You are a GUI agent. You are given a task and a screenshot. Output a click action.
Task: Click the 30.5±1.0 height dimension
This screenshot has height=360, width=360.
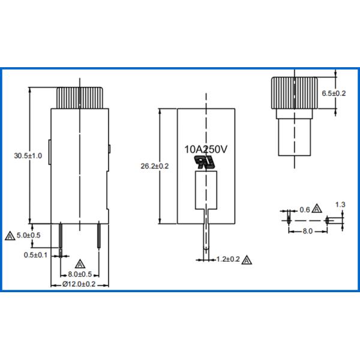tap(28, 156)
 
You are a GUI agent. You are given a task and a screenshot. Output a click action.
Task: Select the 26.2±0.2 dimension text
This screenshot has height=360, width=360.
tap(154, 166)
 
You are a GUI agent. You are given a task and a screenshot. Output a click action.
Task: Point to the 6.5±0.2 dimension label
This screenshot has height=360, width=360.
tap(334, 94)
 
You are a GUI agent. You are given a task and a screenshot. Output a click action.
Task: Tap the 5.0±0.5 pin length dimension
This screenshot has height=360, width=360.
tap(28, 235)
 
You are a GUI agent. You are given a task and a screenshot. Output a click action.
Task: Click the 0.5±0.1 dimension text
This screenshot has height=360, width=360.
tap(36, 255)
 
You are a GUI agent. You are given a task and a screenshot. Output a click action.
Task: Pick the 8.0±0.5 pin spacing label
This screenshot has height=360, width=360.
tap(80, 274)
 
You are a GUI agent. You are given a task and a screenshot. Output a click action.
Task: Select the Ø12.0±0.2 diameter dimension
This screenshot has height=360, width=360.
tap(79, 284)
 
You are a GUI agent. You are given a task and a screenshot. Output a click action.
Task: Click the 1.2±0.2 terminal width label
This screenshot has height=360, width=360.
tap(227, 260)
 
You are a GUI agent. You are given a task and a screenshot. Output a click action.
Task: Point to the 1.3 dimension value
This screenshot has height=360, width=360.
tap(340, 205)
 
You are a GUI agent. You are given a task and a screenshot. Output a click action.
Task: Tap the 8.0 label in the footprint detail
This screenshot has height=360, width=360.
tap(307, 230)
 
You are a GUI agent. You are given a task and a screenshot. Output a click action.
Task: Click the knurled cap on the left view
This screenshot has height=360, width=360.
tap(80, 97)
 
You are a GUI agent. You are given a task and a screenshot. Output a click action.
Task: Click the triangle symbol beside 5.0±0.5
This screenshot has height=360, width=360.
tap(8, 236)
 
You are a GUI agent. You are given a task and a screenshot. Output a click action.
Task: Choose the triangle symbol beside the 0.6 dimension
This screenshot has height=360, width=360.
tap(317, 209)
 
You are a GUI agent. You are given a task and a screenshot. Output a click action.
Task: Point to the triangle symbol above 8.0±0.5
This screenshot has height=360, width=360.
tap(80, 263)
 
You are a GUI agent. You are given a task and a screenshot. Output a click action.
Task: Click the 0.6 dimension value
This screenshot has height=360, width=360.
tap(304, 209)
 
